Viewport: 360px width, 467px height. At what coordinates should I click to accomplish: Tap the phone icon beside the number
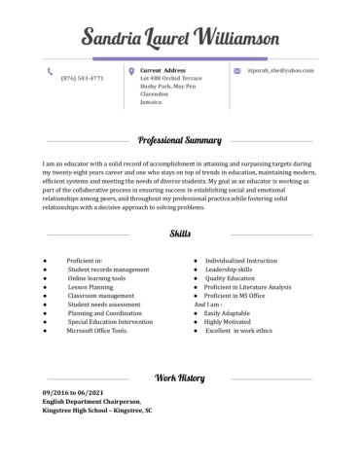click(x=50, y=71)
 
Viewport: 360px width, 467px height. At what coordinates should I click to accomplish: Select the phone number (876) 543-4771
click(x=82, y=78)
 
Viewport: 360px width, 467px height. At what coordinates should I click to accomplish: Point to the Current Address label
click(x=162, y=71)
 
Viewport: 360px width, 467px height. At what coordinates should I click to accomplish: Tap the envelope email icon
click(x=237, y=71)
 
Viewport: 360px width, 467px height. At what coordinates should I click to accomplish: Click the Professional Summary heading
click(x=180, y=139)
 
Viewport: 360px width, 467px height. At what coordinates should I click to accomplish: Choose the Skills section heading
click(x=180, y=234)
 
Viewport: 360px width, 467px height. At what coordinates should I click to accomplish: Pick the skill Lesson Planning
click(x=90, y=287)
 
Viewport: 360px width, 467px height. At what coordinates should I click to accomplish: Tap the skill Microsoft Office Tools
click(x=96, y=331)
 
